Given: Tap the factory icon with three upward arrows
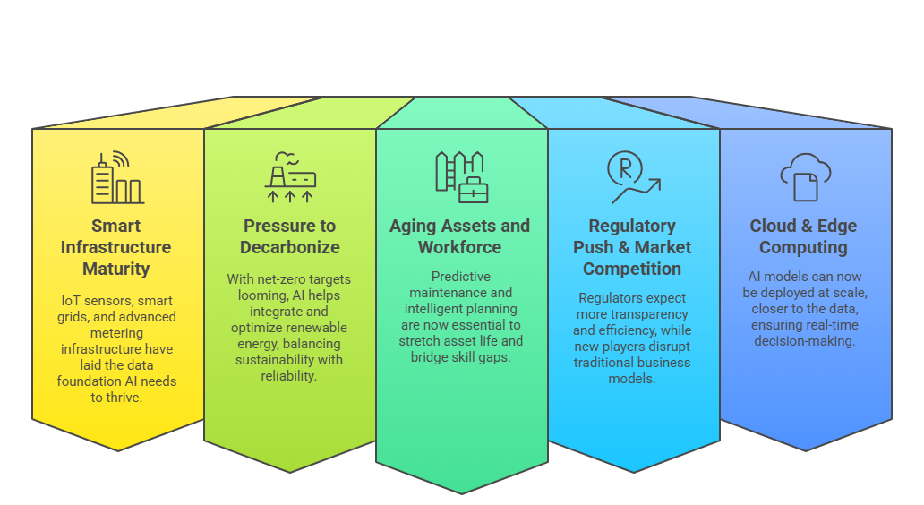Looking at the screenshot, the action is [290, 176].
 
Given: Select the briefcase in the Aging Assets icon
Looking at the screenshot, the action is [474, 190].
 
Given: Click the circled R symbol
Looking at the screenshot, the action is [625, 169].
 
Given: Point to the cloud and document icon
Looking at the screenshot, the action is [806, 177].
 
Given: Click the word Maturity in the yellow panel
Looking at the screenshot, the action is [116, 270].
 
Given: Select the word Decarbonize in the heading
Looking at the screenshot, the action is [290, 247].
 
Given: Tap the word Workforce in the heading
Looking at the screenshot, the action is [459, 247].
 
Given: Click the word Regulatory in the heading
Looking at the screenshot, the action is [632, 227].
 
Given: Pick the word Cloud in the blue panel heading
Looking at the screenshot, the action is [773, 227].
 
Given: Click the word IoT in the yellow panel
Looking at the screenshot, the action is [71, 301].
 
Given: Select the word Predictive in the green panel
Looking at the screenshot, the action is [461, 277].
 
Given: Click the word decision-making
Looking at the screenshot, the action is [804, 341].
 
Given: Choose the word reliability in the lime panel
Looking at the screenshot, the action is [288, 376].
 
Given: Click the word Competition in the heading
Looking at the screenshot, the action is [632, 270].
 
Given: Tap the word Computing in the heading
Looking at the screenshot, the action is [803, 247].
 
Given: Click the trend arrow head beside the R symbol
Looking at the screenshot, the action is [655, 184].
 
